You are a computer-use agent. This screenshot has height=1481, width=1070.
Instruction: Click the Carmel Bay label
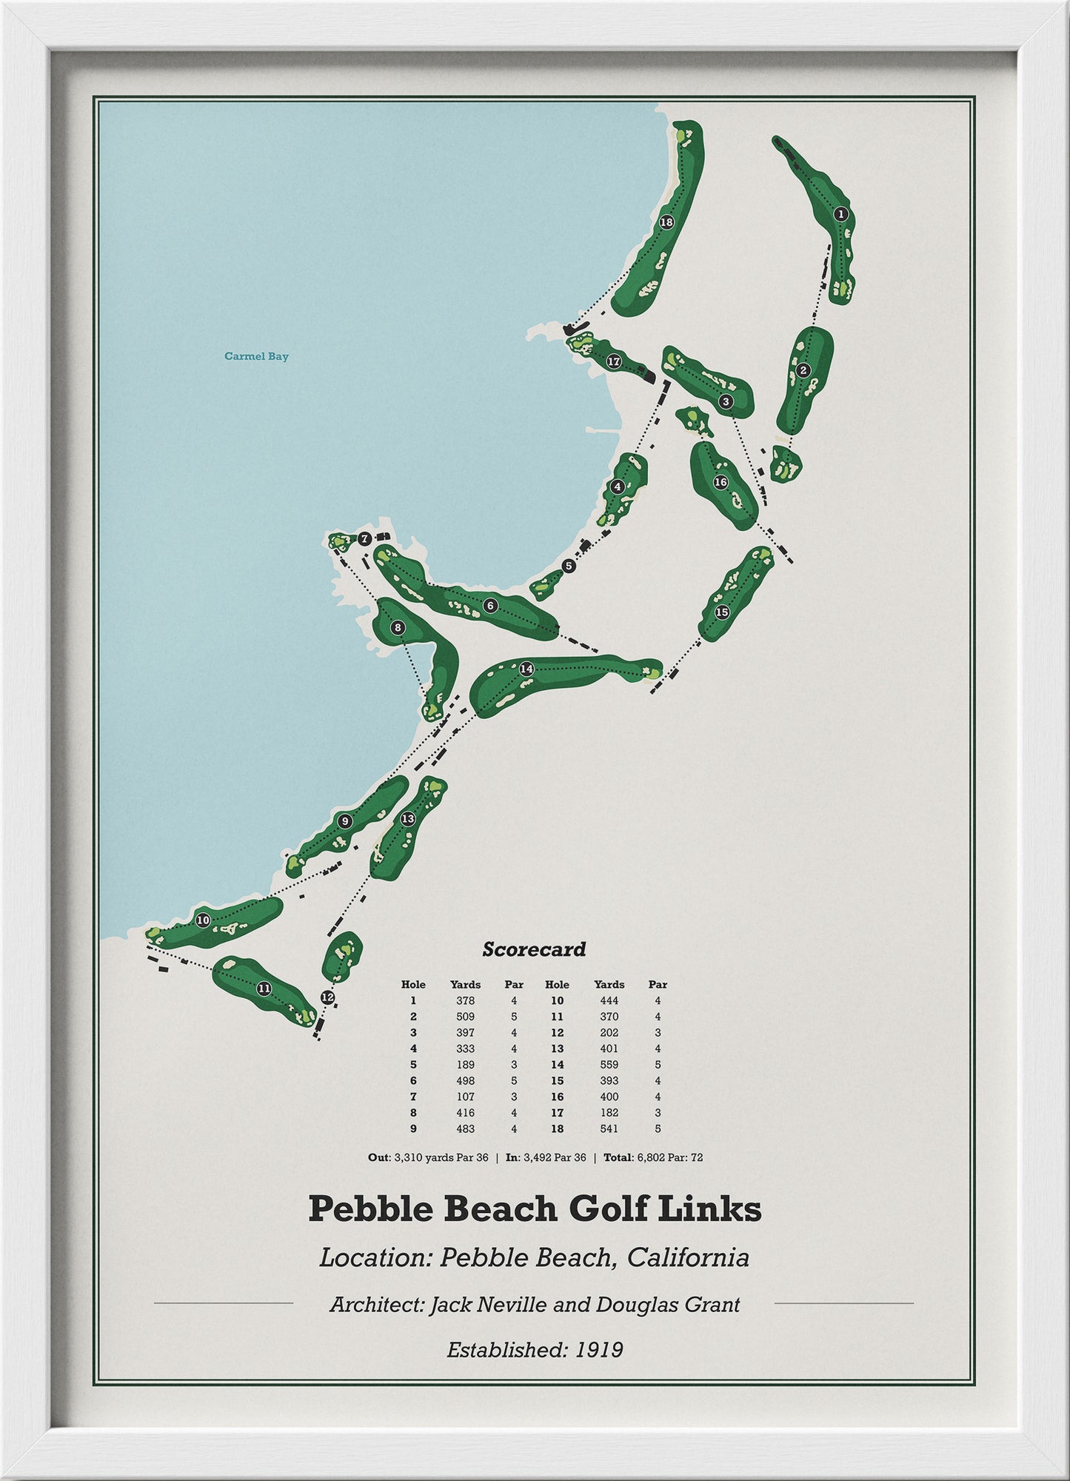pos(256,356)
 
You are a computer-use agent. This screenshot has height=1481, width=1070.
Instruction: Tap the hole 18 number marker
pos(666,222)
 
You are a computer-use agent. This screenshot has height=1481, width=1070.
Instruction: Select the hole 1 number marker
pos(840,215)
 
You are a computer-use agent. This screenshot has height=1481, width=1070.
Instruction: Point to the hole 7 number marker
pos(364,539)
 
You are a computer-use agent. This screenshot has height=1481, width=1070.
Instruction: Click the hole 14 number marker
pos(526,669)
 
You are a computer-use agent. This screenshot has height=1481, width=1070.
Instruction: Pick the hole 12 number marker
pos(327,997)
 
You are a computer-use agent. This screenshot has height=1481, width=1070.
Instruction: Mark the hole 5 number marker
pos(568,566)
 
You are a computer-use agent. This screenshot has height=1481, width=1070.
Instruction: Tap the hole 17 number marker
pos(613,362)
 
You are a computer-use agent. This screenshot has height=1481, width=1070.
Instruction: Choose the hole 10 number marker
pos(203,920)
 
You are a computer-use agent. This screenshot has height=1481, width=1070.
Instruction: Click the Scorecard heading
pos(534,949)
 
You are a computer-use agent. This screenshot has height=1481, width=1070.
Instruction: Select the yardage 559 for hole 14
pos(609,1064)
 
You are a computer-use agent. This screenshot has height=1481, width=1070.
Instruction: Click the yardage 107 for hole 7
pos(465,1097)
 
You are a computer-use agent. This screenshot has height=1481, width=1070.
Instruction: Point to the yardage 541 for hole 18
pos(609,1129)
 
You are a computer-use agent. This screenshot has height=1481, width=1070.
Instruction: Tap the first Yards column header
pos(465,984)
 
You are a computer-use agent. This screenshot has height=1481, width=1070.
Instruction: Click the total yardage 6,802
pos(652,1157)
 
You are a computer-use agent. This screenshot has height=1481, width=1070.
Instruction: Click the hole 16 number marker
pos(720,482)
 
